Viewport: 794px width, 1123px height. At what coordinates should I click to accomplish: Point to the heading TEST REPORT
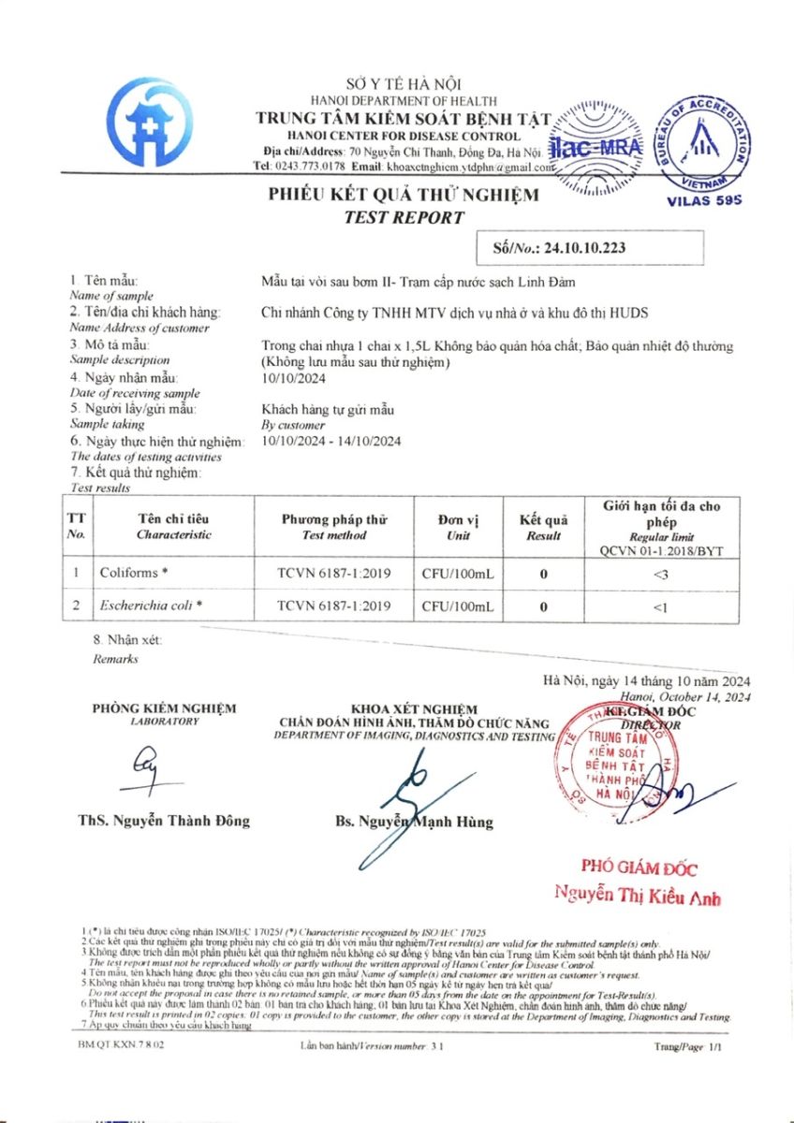pos(404,218)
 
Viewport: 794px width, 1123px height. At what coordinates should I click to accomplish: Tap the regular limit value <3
pos(667,572)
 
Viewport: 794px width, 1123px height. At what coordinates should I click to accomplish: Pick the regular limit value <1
pos(667,606)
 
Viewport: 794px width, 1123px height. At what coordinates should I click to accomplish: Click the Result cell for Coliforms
pos(543,572)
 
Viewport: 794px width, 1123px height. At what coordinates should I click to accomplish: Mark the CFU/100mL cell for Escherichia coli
pos(458,606)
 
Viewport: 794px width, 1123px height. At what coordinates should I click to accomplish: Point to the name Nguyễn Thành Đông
pos(164,821)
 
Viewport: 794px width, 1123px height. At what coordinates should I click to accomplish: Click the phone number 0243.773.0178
pos(313,166)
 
